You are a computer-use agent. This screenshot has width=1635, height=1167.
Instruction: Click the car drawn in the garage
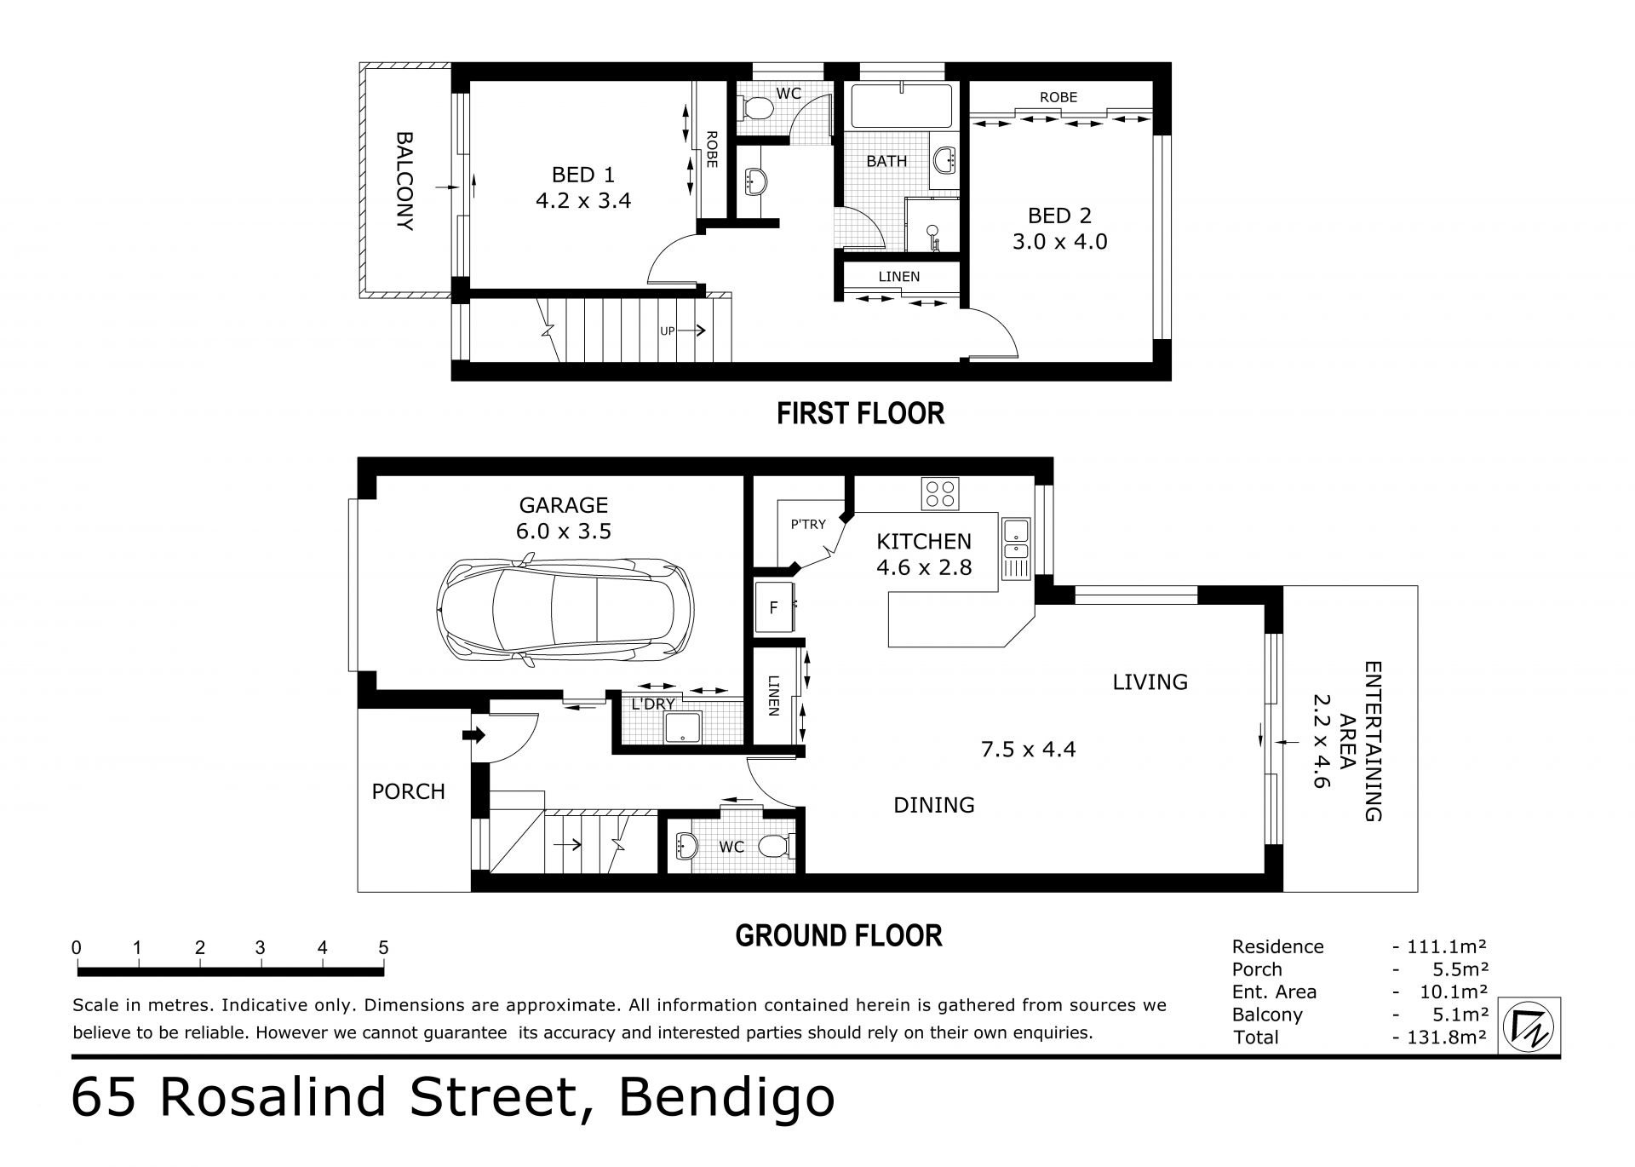tap(565, 610)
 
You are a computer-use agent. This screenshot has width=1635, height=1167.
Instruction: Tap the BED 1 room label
tap(582, 175)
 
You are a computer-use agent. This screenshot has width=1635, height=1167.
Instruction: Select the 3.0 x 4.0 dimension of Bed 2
tap(1059, 242)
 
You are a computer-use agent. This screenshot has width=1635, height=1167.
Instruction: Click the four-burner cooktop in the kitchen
tap(940, 494)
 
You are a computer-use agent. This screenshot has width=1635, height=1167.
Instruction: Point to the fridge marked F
tap(775, 607)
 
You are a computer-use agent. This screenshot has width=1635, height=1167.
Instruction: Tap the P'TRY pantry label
tap(808, 525)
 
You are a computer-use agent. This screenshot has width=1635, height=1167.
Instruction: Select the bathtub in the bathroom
tap(901, 106)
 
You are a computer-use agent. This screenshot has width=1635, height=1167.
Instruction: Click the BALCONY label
tap(404, 181)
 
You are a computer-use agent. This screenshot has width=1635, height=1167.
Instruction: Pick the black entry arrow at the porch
tap(473, 735)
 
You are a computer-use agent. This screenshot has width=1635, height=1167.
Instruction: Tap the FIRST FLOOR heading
tap(860, 414)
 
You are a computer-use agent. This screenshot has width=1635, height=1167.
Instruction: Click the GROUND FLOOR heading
tap(839, 936)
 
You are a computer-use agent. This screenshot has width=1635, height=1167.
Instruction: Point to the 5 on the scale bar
tap(383, 948)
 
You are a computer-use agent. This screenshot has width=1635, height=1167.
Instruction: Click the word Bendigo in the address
tap(726, 1099)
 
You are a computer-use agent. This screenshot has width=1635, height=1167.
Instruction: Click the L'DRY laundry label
tap(653, 704)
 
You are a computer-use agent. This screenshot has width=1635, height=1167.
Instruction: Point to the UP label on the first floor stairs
tap(668, 331)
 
